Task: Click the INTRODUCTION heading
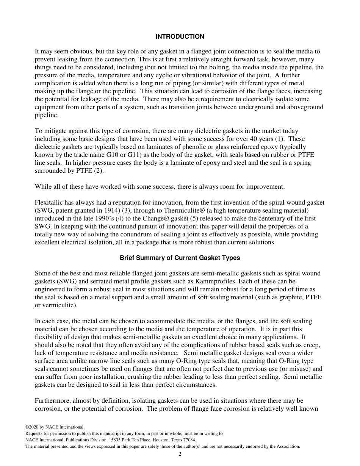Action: tap(180, 37)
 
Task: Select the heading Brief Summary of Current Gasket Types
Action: tap(180, 258)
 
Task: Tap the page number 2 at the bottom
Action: tap(180, 454)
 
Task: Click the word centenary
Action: tap(274, 219)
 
